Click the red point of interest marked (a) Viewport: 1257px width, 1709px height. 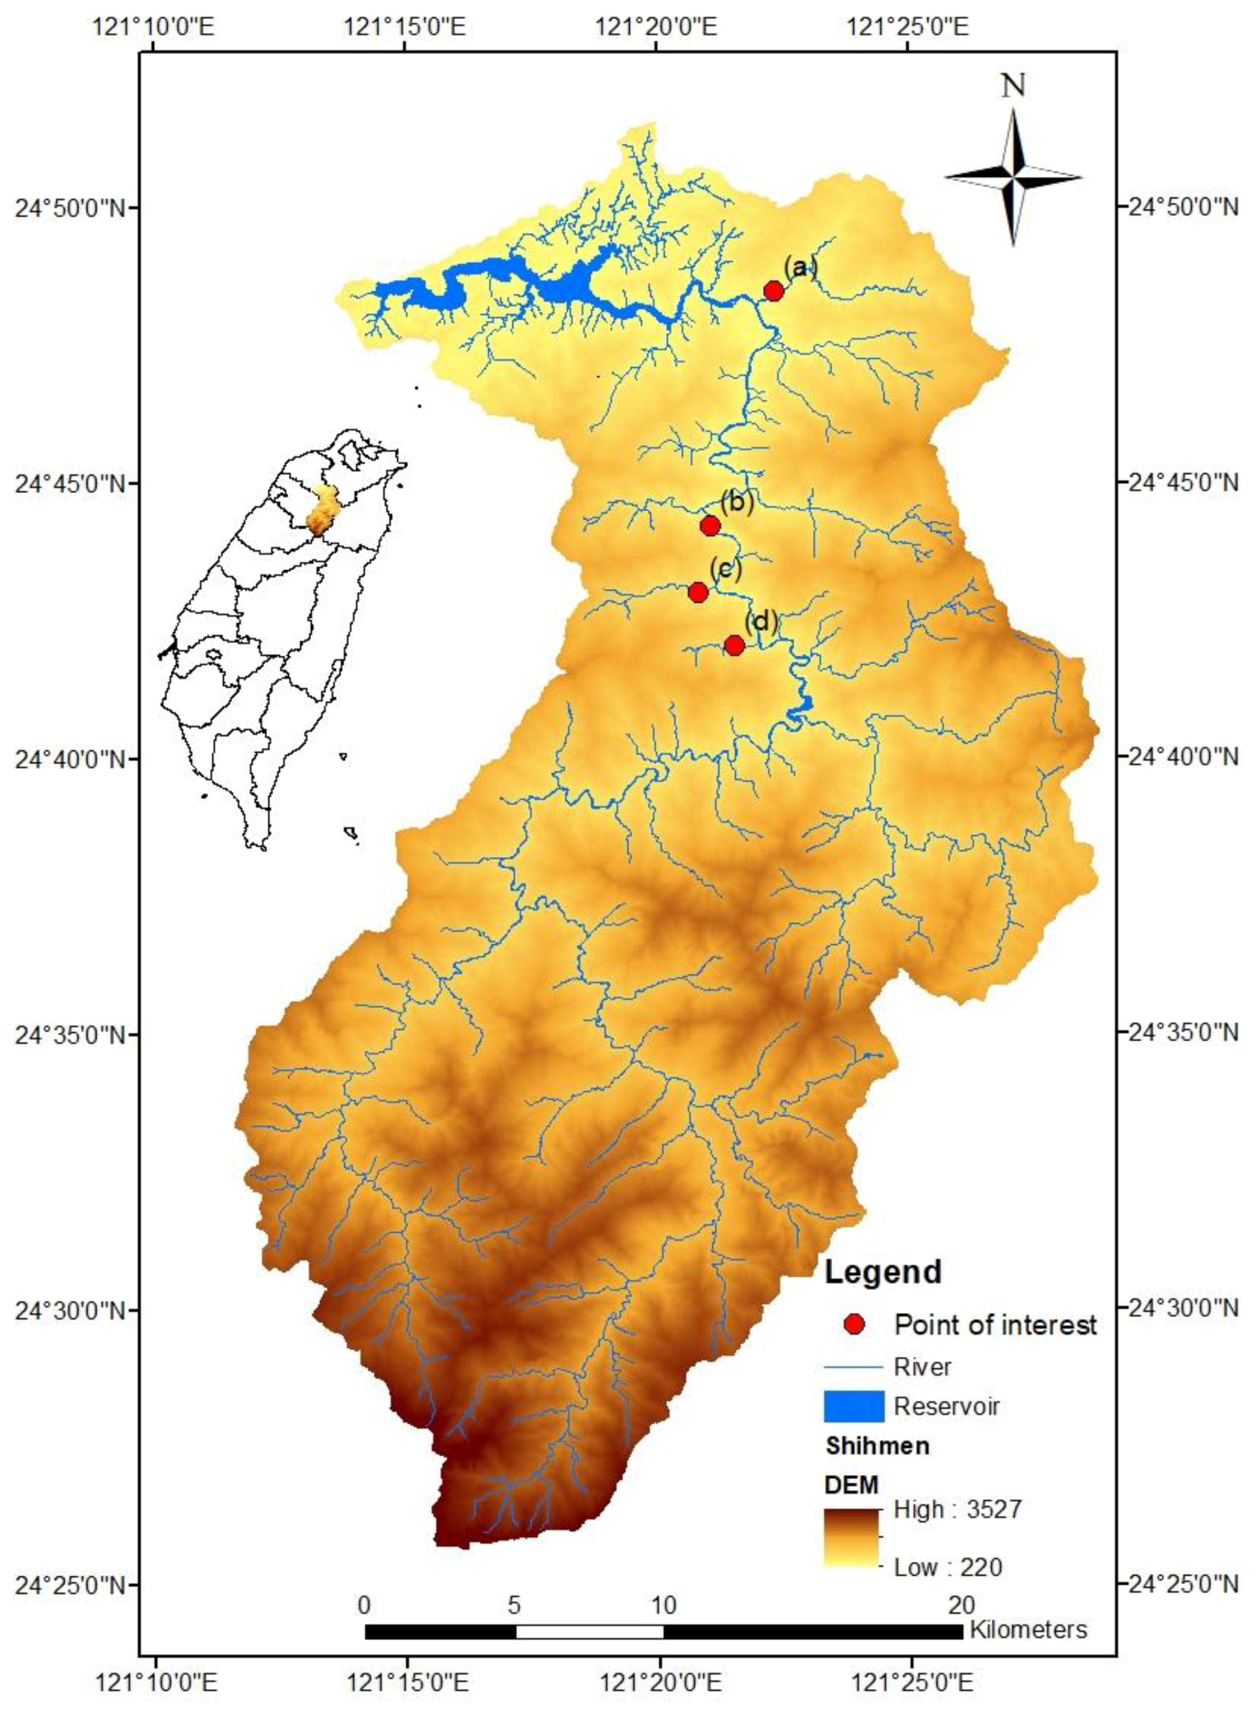click(773, 291)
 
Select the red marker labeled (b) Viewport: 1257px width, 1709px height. click(710, 525)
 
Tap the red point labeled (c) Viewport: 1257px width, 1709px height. click(698, 592)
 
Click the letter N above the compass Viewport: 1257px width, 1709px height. click(1013, 85)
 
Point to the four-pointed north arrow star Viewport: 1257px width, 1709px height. click(1013, 177)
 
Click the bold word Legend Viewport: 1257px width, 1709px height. click(882, 1272)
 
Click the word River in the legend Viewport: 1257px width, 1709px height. click(922, 1366)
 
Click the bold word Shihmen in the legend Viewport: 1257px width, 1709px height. click(876, 1445)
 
